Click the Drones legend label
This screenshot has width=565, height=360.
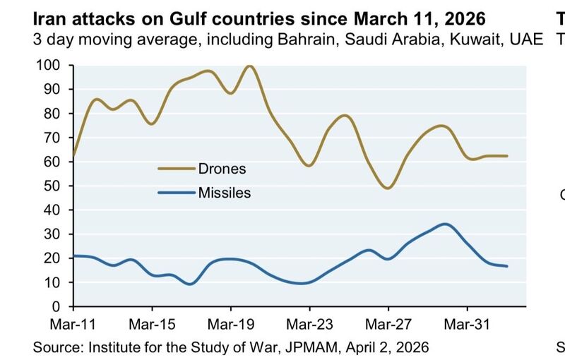pos(222,169)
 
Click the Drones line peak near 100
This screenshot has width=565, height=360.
pos(249,66)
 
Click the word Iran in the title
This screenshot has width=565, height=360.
pos(48,16)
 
